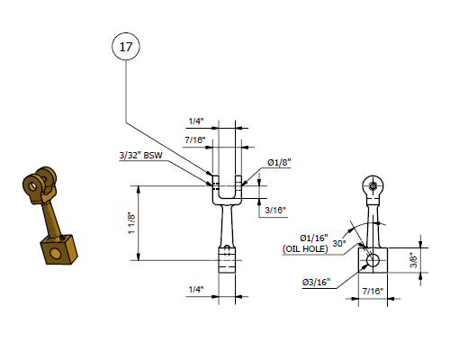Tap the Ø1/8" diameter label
[x=278, y=163]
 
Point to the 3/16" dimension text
[x=274, y=210]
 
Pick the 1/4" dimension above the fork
[x=196, y=120]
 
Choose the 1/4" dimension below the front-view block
[x=196, y=289]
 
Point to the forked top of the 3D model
[x=40, y=184]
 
